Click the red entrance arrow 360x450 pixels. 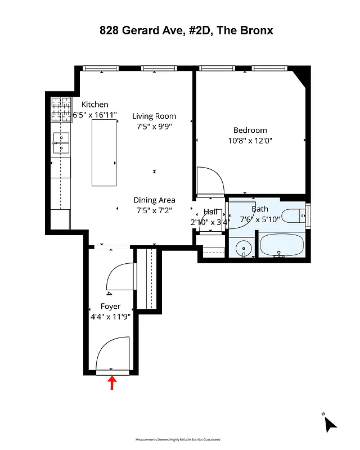point(112,383)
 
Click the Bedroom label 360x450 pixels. point(251,130)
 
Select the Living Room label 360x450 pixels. point(154,116)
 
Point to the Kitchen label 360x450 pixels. point(95,105)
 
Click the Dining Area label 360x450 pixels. point(154,200)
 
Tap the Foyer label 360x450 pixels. point(111,307)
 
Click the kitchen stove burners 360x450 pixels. point(61,110)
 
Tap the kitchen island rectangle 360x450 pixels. point(104,152)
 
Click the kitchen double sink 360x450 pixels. point(61,143)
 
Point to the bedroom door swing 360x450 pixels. point(210,181)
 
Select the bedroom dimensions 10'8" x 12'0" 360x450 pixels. point(251,141)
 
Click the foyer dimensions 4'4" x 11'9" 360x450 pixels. point(111,317)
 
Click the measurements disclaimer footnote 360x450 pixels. point(178,439)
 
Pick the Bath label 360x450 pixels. point(260,209)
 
